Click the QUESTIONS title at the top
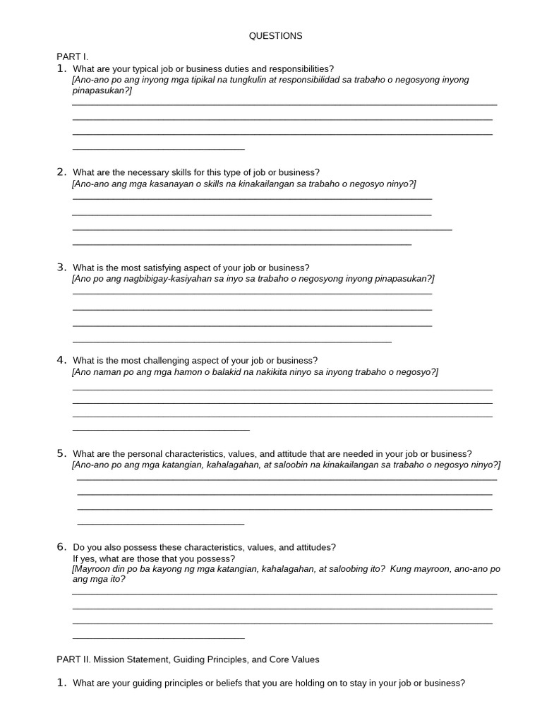coord(275,35)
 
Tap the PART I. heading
coord(72,56)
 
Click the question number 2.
coord(61,172)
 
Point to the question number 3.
coord(61,267)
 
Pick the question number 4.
coord(61,359)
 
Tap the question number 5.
coord(61,453)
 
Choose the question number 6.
coord(61,546)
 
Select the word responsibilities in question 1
coord(302,68)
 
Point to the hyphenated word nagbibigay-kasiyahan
coord(159,279)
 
